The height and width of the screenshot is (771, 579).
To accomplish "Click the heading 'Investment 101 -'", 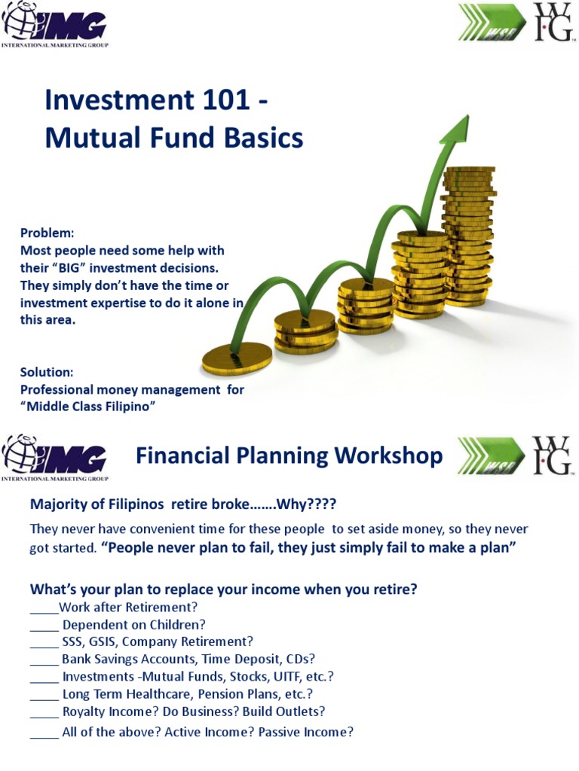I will pyautogui.click(x=157, y=101).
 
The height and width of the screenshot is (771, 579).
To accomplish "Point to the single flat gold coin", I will pyautogui.click(x=237, y=358).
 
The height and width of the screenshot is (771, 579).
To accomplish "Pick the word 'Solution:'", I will pyautogui.click(x=47, y=372).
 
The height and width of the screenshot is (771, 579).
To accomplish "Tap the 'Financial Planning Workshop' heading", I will pyautogui.click(x=289, y=456).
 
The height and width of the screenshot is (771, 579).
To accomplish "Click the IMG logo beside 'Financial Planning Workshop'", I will pyautogui.click(x=55, y=457).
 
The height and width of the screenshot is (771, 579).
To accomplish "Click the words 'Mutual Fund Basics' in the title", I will pyautogui.click(x=174, y=139).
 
